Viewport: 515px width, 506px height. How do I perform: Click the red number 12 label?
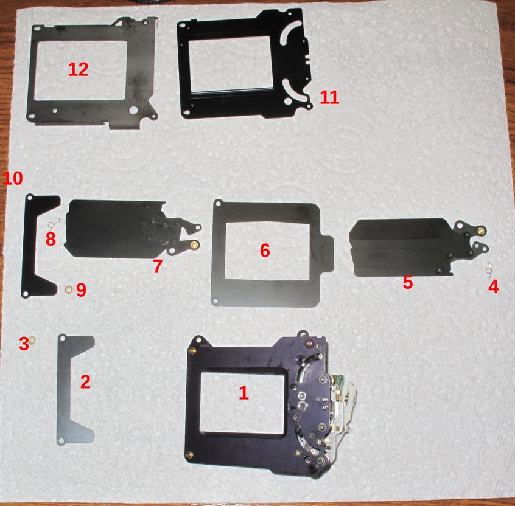pyautogui.click(x=78, y=69)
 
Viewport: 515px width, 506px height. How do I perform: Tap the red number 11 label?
pyautogui.click(x=329, y=97)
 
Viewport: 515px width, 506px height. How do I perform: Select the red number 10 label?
pyautogui.click(x=13, y=178)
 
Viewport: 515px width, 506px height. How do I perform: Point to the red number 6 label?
pyautogui.click(x=265, y=251)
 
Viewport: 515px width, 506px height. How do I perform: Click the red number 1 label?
pyautogui.click(x=243, y=392)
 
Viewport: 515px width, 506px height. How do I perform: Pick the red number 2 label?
pyautogui.click(x=85, y=382)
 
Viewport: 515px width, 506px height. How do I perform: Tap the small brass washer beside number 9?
pyautogui.click(x=69, y=289)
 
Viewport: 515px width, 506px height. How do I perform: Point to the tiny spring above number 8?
pyautogui.click(x=54, y=223)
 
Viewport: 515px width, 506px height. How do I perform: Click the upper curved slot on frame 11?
pyautogui.click(x=290, y=32)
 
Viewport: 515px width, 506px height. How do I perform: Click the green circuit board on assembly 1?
pyautogui.click(x=338, y=381)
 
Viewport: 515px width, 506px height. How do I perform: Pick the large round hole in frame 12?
pyautogui.click(x=133, y=110)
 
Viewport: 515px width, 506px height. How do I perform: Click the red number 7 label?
pyautogui.click(x=158, y=266)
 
